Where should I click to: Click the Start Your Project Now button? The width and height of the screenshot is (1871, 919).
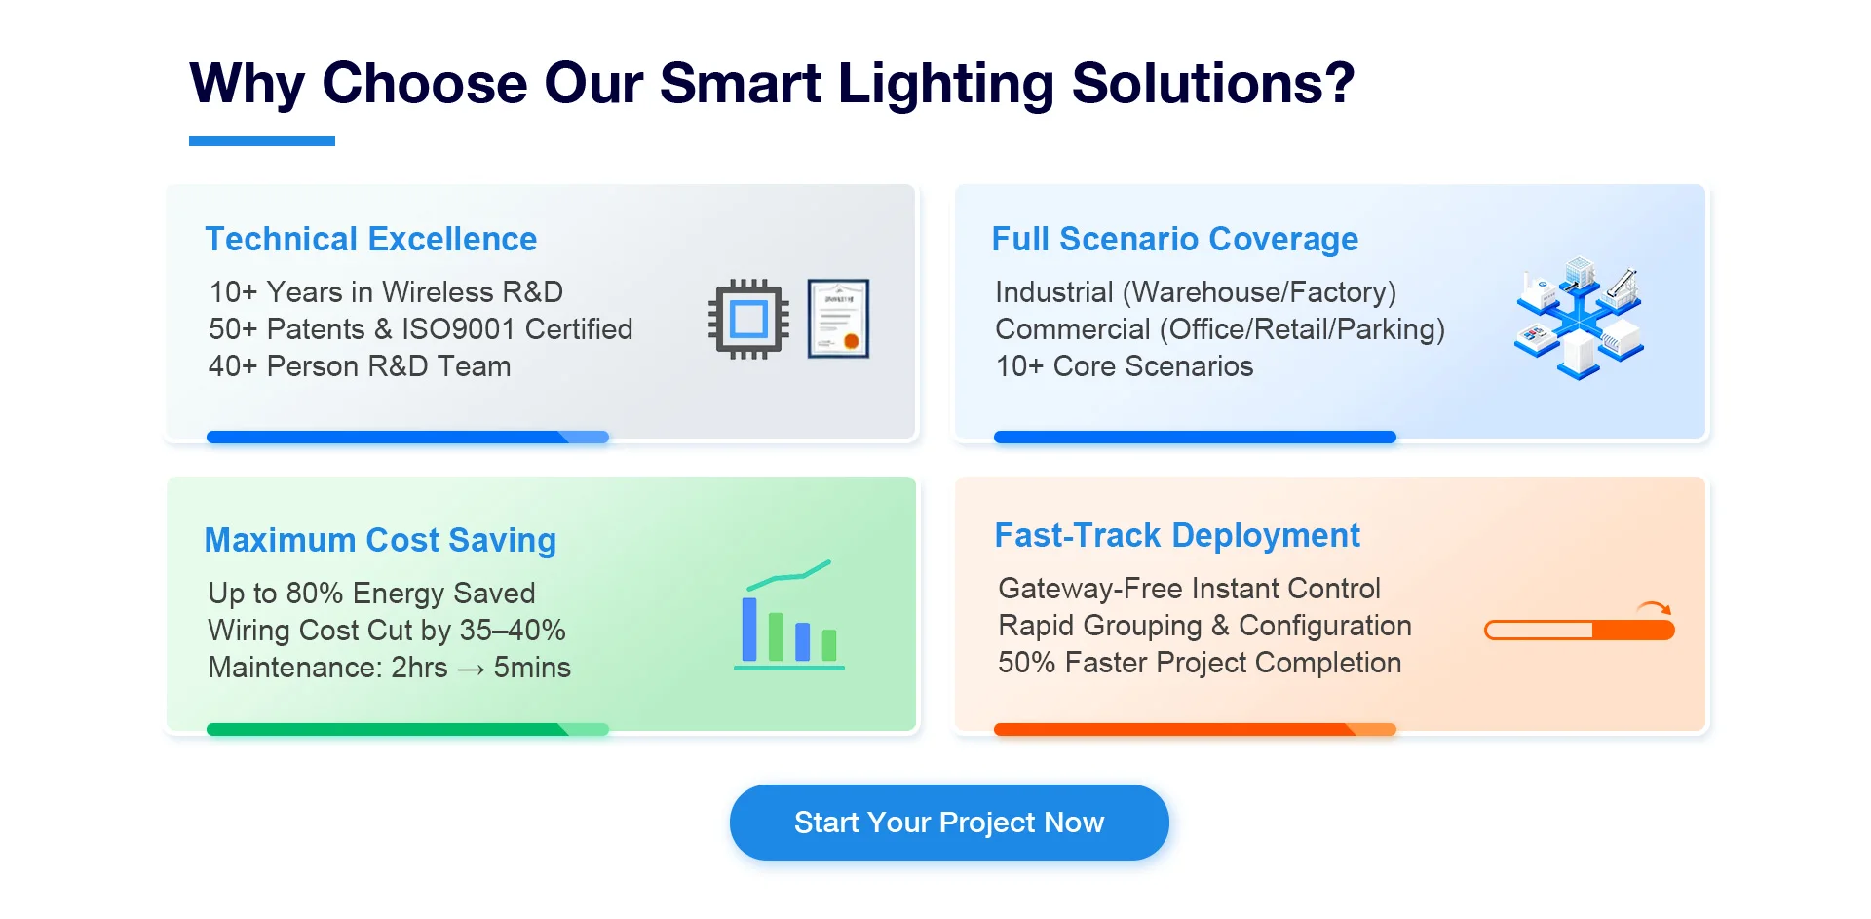coord(949,823)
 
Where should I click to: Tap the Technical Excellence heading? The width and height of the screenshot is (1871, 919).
coord(371,239)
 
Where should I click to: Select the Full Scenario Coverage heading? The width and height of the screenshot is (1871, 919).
coord(1174,239)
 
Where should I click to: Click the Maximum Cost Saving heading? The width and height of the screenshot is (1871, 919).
coord(380,540)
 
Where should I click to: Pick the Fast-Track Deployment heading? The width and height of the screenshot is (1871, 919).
coord(1177,535)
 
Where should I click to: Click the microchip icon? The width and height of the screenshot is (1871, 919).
coord(748,319)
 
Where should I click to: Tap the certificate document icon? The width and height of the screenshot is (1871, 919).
coord(838,319)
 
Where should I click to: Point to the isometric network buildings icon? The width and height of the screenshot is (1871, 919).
coord(1579,319)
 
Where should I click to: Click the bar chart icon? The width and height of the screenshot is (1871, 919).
coord(789,615)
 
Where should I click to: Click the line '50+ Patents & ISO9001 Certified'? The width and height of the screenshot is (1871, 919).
coord(420,329)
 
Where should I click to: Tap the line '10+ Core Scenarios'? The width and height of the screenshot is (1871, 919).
coord(1125,366)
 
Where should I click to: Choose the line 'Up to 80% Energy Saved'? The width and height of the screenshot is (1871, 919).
coord(371,594)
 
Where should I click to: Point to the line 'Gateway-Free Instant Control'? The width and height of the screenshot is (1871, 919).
coord(1189,589)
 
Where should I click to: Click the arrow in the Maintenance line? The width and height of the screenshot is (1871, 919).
coord(471,670)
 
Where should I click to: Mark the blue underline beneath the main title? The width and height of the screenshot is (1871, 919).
coord(262,141)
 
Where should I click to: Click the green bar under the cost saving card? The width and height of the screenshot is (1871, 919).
coord(407,729)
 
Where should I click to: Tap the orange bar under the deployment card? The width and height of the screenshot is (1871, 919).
coord(1195,729)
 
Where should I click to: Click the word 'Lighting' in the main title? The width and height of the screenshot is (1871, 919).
coord(945,84)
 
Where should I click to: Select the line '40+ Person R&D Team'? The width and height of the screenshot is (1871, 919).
coord(360,366)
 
